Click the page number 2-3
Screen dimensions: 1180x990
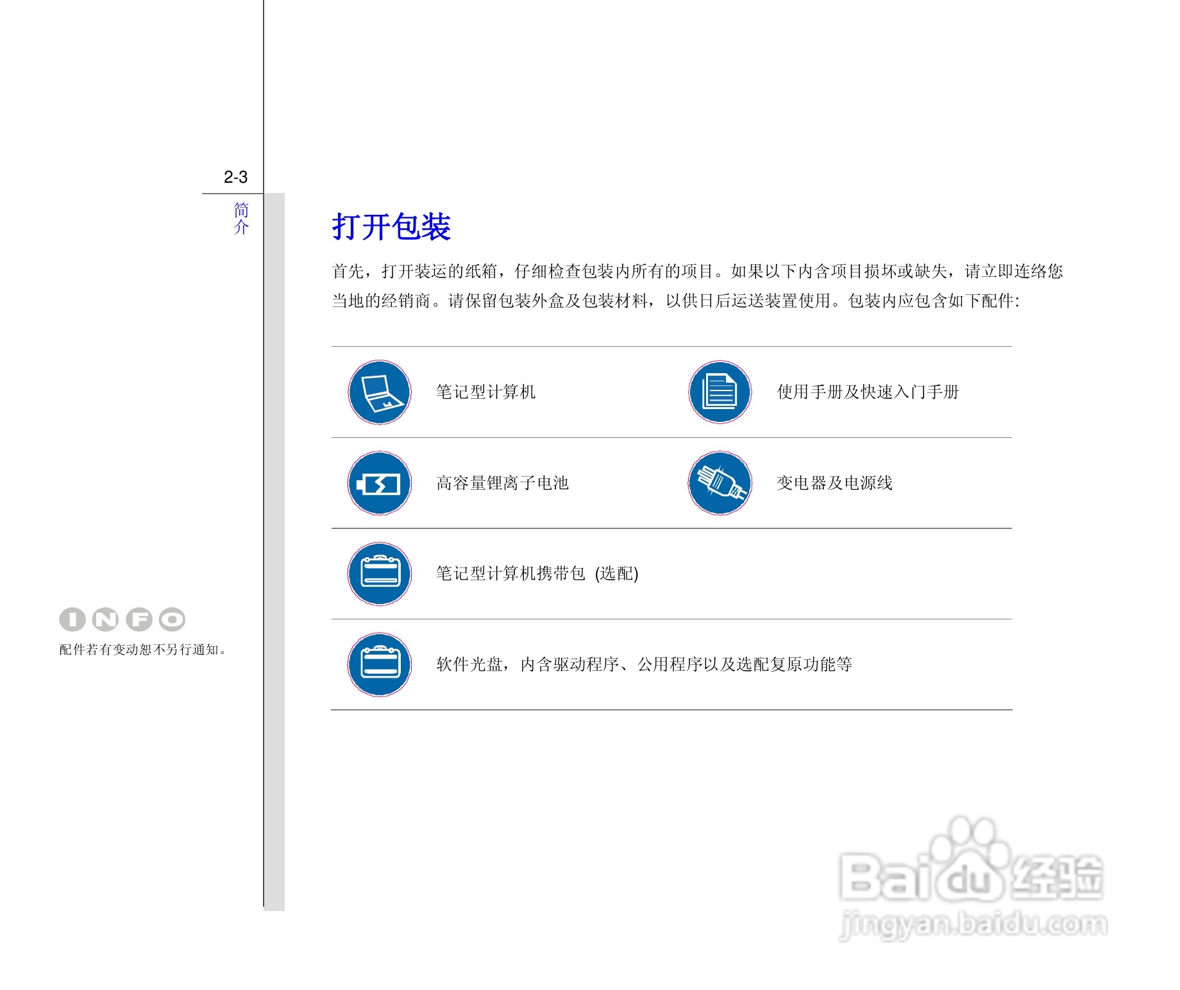tap(235, 177)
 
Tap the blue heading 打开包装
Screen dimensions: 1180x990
tap(391, 227)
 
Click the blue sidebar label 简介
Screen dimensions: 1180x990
tap(241, 219)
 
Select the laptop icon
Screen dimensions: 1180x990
tap(380, 392)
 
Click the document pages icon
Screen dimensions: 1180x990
tap(720, 392)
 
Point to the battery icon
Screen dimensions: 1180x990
tap(380, 483)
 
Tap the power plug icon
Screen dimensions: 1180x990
tap(720, 483)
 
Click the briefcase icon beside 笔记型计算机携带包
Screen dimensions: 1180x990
tap(380, 574)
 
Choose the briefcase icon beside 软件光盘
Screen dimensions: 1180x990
tap(380, 664)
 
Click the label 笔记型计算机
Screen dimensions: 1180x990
tap(486, 392)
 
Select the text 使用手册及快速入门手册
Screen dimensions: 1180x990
tap(868, 392)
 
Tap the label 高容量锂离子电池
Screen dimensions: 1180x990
tap(502, 483)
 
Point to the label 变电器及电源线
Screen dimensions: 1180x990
tap(834, 483)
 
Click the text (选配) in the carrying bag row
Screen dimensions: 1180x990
tap(617, 573)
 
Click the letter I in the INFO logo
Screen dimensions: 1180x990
tap(72, 619)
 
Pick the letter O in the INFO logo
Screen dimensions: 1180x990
tap(172, 619)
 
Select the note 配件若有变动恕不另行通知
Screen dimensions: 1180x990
tap(142, 650)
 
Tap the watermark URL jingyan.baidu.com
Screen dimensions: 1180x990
tap(973, 925)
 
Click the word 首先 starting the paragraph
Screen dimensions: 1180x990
tap(348, 271)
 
